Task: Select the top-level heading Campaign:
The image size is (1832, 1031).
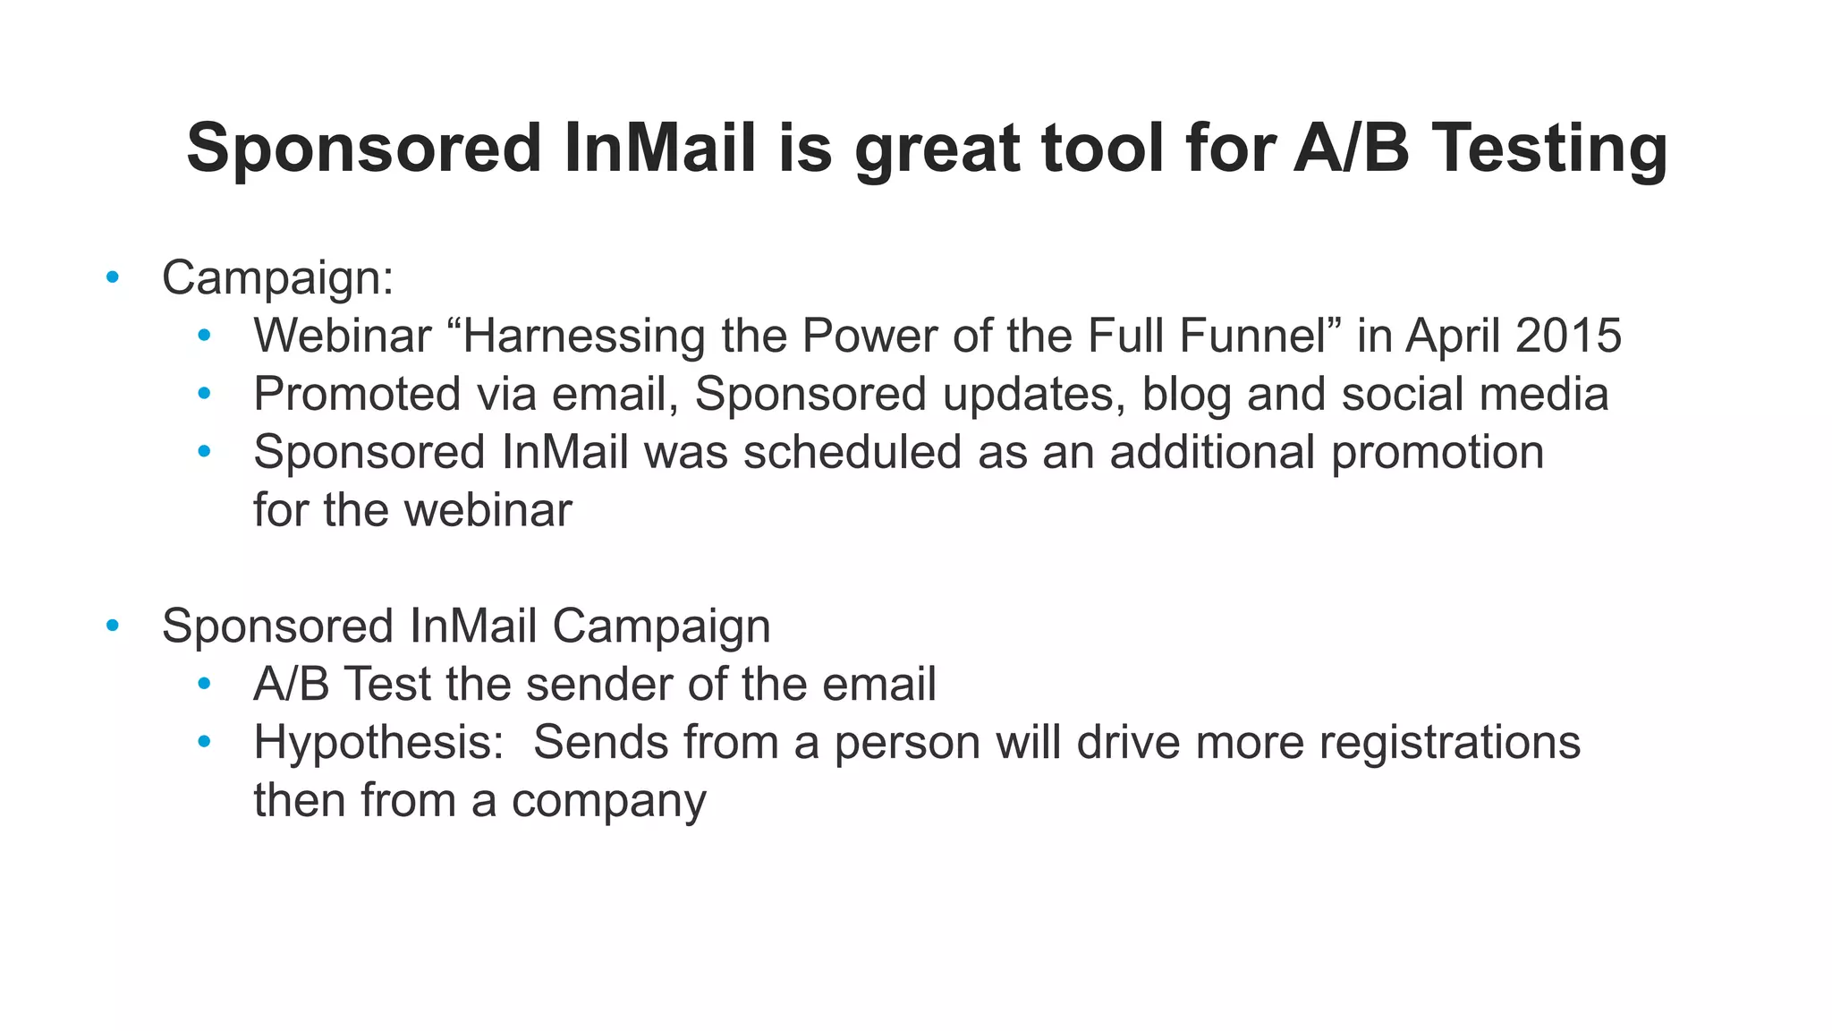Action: click(277, 277)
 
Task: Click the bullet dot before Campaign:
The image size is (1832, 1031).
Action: click(112, 277)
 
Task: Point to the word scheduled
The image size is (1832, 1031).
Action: click(852, 452)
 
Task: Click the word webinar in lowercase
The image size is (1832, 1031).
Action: click(488, 510)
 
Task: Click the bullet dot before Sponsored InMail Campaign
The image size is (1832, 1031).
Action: click(112, 626)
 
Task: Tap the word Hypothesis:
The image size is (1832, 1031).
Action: click(379, 742)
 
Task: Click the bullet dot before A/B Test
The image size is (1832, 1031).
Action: click(204, 685)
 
